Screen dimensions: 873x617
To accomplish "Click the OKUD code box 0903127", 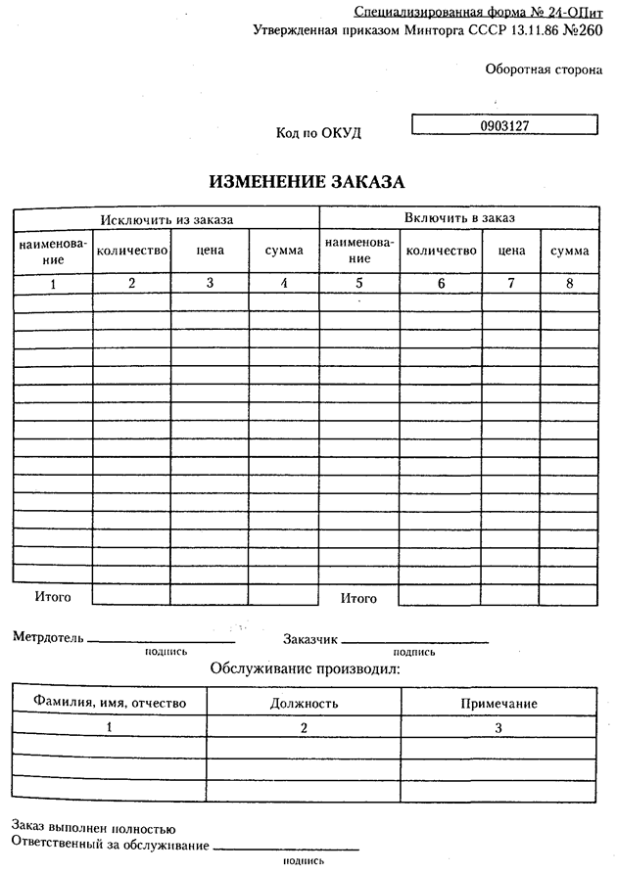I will click(504, 126).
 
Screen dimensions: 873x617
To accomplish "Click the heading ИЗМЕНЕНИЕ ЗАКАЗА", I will click(307, 182).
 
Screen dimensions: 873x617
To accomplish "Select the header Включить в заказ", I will click(459, 218).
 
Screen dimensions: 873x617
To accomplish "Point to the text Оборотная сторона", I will click(543, 69).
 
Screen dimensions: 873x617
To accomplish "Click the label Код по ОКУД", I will click(326, 133).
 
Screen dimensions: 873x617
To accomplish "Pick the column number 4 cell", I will click(284, 284).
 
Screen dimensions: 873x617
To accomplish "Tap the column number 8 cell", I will click(569, 284).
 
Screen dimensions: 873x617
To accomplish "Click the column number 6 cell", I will click(441, 284).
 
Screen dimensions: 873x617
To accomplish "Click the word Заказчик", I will click(310, 639).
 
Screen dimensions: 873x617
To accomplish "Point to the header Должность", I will click(304, 703).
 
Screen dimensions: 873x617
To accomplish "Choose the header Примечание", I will click(498, 703).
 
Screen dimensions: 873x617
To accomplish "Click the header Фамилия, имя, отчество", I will click(109, 703).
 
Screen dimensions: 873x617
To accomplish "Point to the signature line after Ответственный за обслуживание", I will click(286, 848).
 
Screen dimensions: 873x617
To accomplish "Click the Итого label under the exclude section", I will click(52, 594).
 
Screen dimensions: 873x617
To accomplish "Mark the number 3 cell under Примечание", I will click(498, 727).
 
